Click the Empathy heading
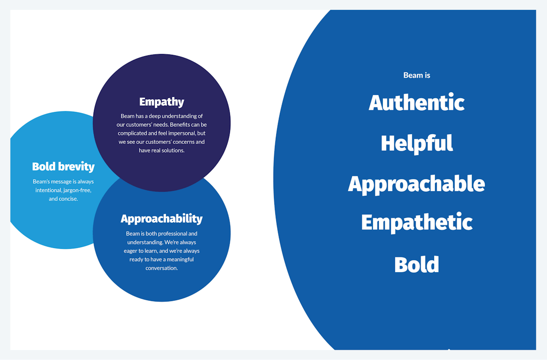click(161, 102)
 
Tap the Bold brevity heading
click(63, 167)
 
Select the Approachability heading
click(161, 219)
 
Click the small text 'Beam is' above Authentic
click(417, 75)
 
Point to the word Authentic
click(417, 103)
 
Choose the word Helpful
click(417, 144)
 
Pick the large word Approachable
click(417, 184)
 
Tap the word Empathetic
click(417, 222)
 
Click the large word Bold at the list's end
click(417, 265)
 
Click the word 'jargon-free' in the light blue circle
click(77, 190)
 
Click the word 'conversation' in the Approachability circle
click(161, 268)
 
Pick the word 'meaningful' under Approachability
click(180, 260)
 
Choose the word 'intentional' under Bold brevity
click(49, 190)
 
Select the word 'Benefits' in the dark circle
click(181, 125)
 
